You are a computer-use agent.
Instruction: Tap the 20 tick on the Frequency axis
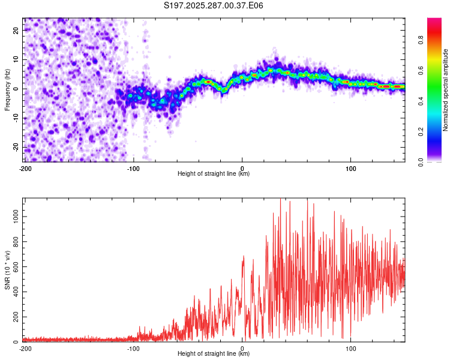(x=16, y=30)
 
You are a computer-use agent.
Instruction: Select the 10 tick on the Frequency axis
(x=16, y=59)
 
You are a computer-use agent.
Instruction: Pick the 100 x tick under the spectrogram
(x=351, y=168)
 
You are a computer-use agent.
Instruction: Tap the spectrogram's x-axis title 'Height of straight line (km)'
(x=214, y=174)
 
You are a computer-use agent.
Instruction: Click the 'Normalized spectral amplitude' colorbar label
(x=446, y=90)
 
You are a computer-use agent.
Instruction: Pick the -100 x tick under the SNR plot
(x=133, y=348)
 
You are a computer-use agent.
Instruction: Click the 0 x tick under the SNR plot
(x=242, y=348)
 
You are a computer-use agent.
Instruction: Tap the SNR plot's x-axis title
(x=214, y=354)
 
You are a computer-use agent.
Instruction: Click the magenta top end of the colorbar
(x=434, y=21)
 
